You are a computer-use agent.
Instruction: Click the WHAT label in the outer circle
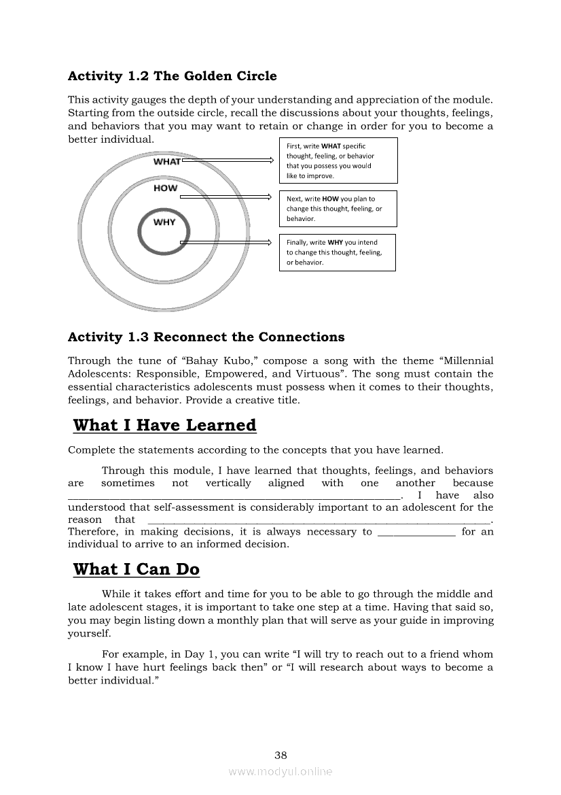point(166,162)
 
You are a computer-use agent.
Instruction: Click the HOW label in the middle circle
point(165,188)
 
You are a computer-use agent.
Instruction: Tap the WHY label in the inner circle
point(164,222)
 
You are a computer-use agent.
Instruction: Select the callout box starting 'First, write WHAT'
point(338,160)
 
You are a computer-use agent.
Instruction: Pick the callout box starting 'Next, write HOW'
point(338,209)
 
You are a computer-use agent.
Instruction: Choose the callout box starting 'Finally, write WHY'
point(337,252)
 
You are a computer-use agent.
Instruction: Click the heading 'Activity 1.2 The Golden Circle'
point(173,75)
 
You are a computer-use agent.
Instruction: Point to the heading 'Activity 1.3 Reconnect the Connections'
point(206,337)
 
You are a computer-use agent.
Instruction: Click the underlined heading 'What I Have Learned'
point(164,426)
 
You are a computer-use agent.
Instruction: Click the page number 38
point(280,755)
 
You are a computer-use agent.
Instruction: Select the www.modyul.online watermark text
point(280,771)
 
